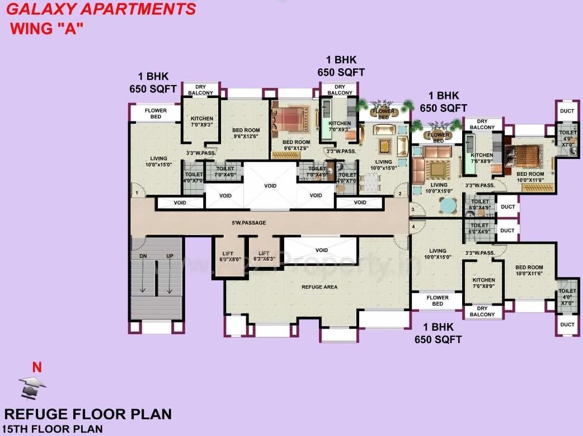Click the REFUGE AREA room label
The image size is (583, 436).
(319, 287)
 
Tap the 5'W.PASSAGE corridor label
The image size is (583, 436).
(248, 223)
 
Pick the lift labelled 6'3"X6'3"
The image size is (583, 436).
(264, 256)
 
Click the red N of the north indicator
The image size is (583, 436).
(37, 368)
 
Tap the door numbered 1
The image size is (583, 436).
(137, 193)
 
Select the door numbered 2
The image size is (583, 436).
(400, 194)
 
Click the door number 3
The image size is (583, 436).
(413, 210)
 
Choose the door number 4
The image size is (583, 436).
(413, 227)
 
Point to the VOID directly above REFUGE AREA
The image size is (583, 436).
(321, 250)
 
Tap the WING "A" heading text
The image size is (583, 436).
(46, 29)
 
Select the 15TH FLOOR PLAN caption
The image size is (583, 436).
(53, 429)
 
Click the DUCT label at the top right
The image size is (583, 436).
(567, 111)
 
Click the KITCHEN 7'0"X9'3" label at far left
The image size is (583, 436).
(202, 121)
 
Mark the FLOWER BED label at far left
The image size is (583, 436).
(156, 114)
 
